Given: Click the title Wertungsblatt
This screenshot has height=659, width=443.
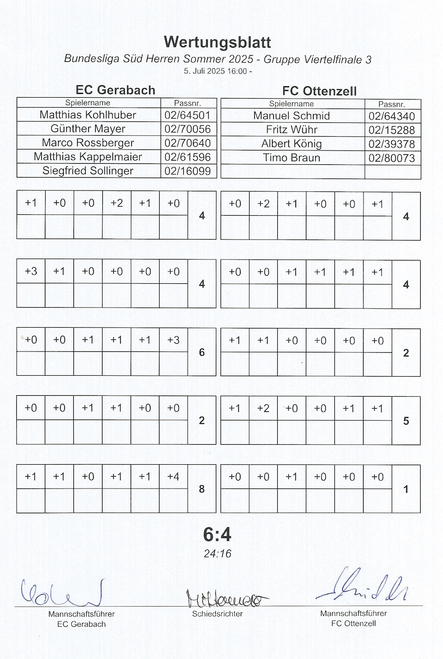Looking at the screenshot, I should click(x=217, y=42).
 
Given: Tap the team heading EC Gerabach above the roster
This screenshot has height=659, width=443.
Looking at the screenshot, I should click(x=115, y=90).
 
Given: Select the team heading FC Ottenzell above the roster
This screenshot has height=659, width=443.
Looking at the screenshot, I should click(x=319, y=91).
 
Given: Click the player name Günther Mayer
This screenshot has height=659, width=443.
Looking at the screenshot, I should click(x=88, y=129).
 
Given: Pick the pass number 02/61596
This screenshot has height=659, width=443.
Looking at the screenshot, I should click(x=188, y=157).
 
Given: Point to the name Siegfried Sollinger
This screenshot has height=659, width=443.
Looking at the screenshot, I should click(x=88, y=170).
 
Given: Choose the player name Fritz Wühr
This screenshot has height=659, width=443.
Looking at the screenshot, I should click(x=292, y=130).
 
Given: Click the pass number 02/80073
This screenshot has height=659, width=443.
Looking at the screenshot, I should click(x=392, y=158).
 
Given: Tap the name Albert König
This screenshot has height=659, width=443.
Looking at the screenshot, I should click(x=292, y=144).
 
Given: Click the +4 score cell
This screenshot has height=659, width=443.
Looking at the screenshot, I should click(x=173, y=476).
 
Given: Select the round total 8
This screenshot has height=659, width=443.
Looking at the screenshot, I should click(x=202, y=489).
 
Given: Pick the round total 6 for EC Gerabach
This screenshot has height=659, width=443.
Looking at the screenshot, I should click(x=202, y=352).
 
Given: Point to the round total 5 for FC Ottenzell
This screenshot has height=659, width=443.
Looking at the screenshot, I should click(x=406, y=421).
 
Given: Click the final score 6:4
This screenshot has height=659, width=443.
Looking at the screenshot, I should click(x=217, y=535).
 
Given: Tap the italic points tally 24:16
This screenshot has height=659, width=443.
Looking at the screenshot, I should click(x=217, y=554).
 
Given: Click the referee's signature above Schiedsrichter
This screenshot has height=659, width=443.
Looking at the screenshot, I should click(x=224, y=599).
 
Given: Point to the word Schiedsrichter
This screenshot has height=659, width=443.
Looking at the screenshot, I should click(x=217, y=614).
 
